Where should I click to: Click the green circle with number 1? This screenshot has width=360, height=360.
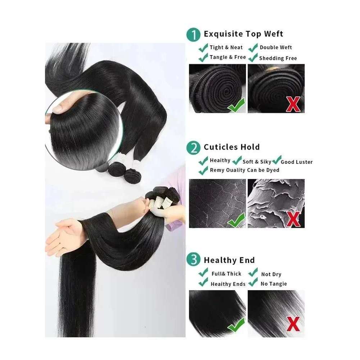[x=194, y=35]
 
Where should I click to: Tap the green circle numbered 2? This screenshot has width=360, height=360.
[x=194, y=148]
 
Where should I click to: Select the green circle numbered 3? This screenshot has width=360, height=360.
[x=194, y=261]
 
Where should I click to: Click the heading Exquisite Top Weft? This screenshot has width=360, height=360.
[x=243, y=34]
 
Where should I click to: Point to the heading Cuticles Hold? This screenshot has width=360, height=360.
[x=231, y=147]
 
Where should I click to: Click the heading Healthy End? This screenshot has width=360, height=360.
[x=229, y=260]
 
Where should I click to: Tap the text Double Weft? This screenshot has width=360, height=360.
[x=276, y=47]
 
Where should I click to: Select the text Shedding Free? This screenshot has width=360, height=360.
[x=278, y=58]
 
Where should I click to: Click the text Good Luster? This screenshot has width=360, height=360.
[x=297, y=162]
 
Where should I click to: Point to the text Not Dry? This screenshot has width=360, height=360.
[x=271, y=274]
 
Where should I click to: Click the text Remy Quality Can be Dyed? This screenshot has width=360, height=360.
[x=244, y=170]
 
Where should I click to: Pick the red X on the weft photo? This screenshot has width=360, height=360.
[x=293, y=104]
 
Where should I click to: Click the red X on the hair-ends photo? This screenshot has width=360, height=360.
[x=293, y=325]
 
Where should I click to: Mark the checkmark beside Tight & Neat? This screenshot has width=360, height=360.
[x=204, y=47]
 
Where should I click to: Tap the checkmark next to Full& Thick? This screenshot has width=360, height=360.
[x=204, y=273]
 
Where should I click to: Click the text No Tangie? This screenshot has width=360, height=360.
[x=274, y=284]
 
